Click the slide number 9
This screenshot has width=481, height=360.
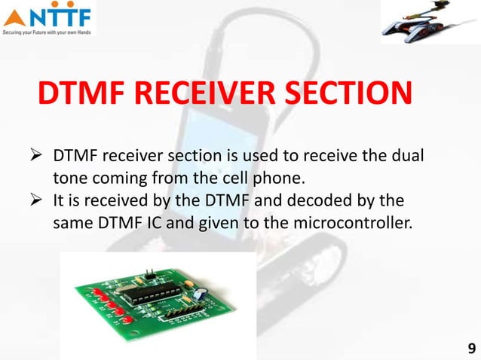click(471, 348)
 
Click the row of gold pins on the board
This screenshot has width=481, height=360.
click(182, 308)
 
